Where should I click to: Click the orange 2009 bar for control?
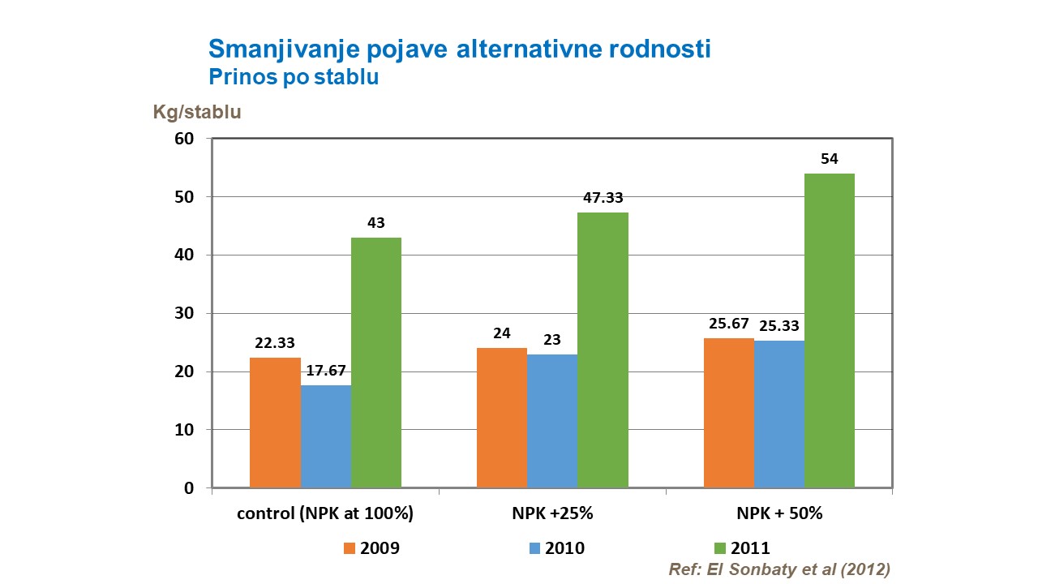coord(275,423)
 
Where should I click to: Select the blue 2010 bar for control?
coord(326,436)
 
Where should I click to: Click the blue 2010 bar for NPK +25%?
coord(552,421)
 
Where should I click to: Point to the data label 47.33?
coord(603,198)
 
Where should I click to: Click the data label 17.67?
coord(326,371)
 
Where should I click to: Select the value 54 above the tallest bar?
coord(829,159)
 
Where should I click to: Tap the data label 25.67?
coord(728,324)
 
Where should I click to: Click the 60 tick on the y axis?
coord(184,139)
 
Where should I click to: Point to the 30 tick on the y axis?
coord(184,314)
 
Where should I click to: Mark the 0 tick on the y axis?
coord(188,488)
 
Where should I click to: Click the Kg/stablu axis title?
coord(197,112)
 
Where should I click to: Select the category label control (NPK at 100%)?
coord(325,513)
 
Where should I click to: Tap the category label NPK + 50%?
coord(779,513)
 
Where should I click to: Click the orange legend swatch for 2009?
coord(350,547)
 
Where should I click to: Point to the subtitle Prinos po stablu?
coord(294,77)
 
